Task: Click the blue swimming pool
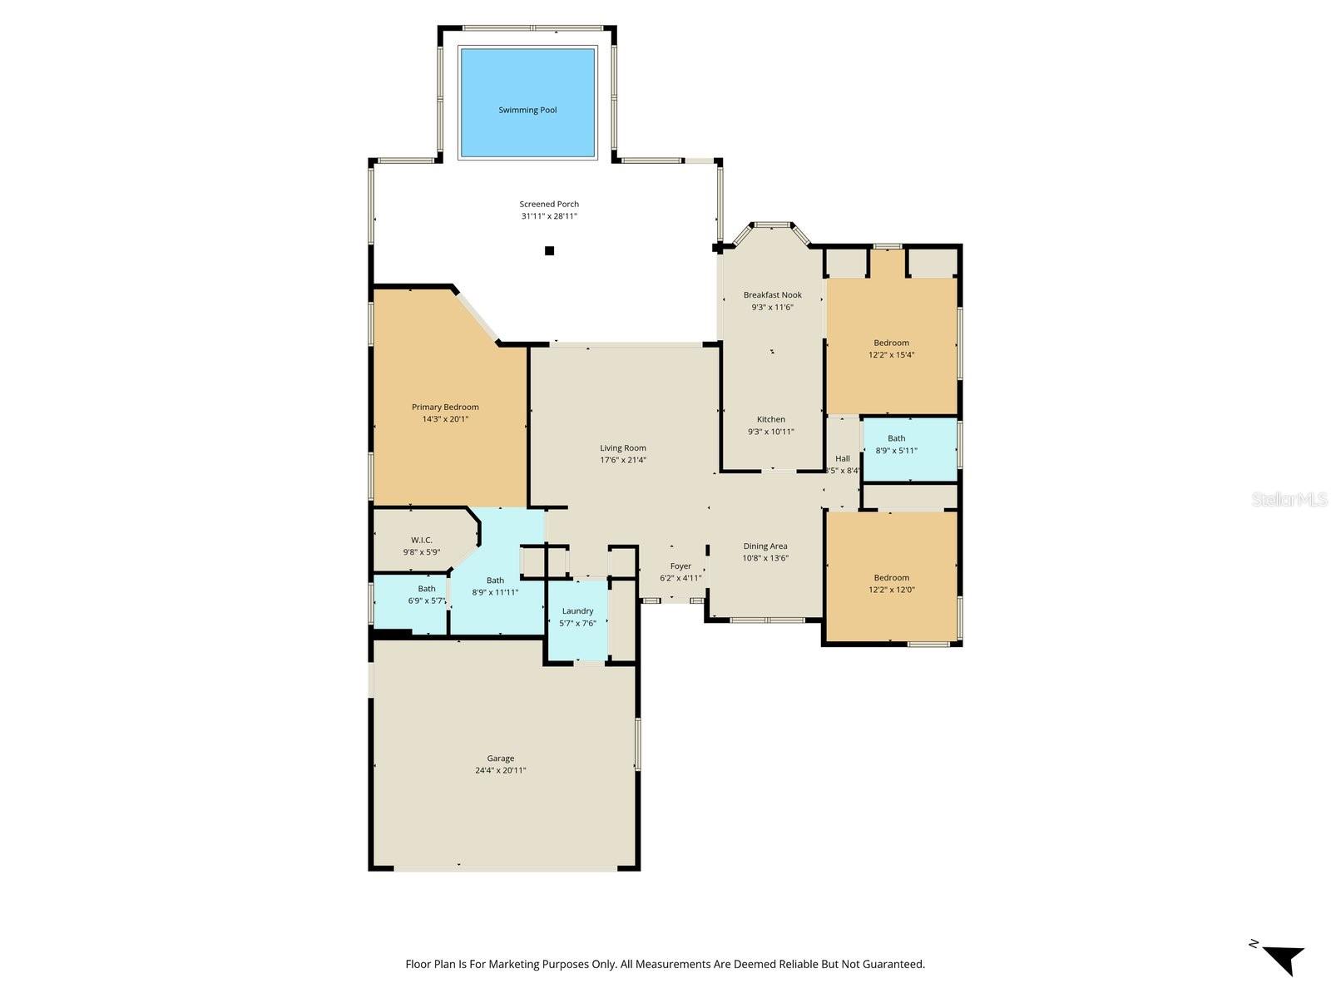(x=527, y=102)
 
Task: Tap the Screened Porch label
(x=549, y=204)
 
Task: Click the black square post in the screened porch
(x=549, y=250)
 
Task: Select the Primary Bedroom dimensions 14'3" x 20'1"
(x=445, y=419)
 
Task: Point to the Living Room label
(x=623, y=448)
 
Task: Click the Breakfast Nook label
(x=772, y=294)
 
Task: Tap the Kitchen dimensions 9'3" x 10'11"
(x=771, y=432)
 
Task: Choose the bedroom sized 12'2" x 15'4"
(x=891, y=348)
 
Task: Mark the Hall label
(x=843, y=458)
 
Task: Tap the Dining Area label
(x=765, y=546)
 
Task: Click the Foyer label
(x=680, y=566)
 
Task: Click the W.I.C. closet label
(x=422, y=540)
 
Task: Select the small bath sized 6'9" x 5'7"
(x=427, y=595)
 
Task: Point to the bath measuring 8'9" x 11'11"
(x=495, y=586)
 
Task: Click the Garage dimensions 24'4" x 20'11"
(x=500, y=770)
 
